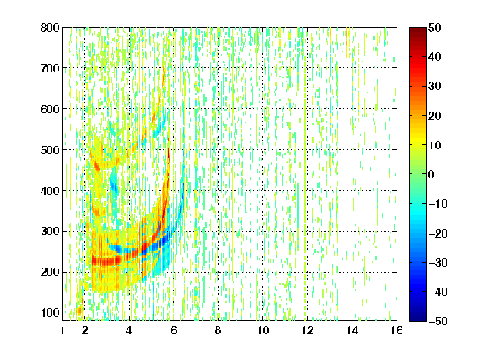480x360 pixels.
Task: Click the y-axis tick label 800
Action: tap(50, 27)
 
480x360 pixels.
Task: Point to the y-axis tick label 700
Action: tap(50, 68)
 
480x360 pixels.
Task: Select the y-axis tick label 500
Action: tap(50, 150)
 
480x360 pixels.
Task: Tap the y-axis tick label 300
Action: tap(50, 231)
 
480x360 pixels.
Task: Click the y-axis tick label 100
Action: tap(50, 312)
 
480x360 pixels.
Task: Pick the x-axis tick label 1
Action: tap(62, 330)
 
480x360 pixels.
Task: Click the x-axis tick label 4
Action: tap(129, 330)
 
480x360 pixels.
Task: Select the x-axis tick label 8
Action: tap(217, 330)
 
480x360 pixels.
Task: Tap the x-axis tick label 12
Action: tap(307, 330)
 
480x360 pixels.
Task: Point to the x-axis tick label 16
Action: tap(397, 330)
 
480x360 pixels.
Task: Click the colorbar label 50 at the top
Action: tap(435, 27)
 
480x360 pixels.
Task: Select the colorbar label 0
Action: tap(431, 174)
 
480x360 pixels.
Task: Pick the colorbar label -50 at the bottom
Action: tap(438, 321)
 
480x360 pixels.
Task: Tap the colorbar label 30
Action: tap(435, 86)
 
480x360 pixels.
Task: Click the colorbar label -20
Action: tap(438, 233)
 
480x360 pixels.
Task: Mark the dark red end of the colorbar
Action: tap(417, 28)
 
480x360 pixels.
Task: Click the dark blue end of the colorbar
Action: tap(417, 319)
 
